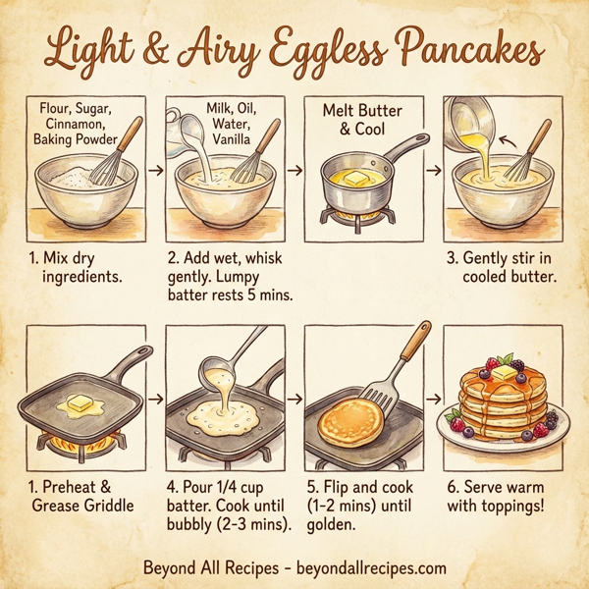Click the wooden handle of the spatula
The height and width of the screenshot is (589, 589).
tap(415, 341)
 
